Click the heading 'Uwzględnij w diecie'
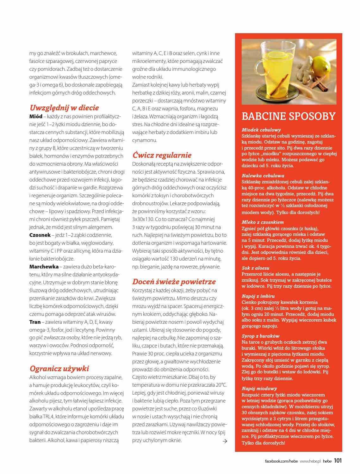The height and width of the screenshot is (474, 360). [64, 108]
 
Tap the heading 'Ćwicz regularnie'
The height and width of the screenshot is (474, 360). [162, 155]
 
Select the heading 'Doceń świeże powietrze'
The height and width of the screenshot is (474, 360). [174, 281]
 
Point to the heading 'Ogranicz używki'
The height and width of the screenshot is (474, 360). [59, 368]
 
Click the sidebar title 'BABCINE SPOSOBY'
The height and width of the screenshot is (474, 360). [288, 116]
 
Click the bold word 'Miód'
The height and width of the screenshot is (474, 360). [36, 116]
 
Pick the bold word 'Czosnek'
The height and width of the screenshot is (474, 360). [40, 235]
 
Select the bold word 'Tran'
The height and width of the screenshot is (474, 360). [35, 322]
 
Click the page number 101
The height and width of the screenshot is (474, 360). [338, 460]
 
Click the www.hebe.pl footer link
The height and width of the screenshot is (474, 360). [310, 461]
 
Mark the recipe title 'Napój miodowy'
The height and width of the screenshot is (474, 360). [259, 388]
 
